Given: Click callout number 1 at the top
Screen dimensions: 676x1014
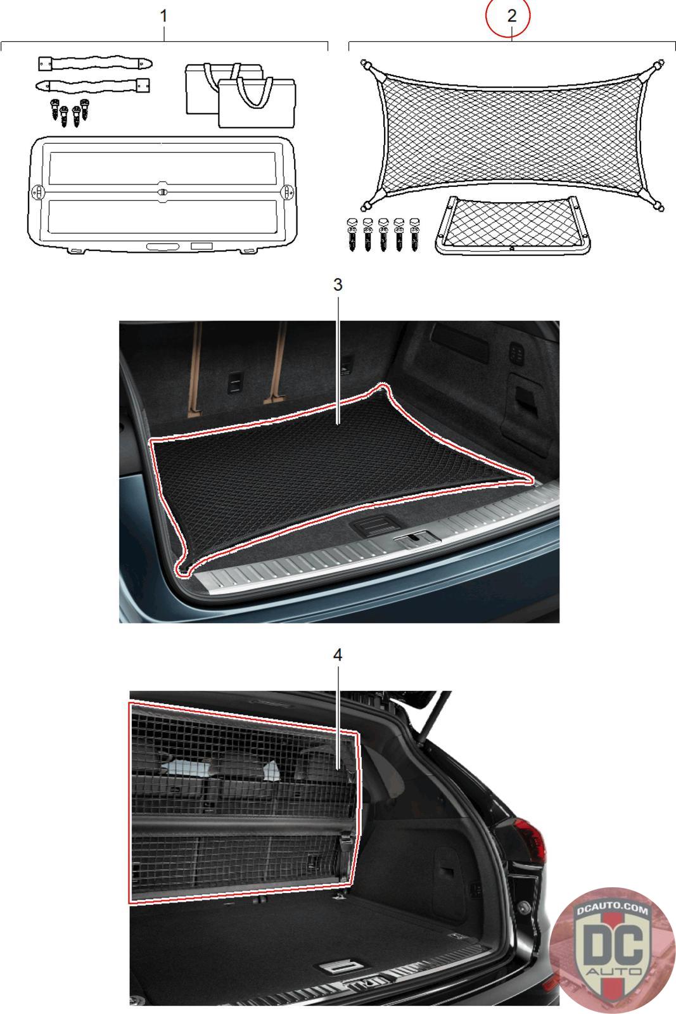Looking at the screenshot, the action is point(164,16).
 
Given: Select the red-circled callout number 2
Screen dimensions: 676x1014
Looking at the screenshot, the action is point(512,16).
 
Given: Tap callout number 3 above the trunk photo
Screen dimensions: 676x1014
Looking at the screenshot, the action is point(338,285).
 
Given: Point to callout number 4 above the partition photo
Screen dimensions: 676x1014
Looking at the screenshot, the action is point(338,655).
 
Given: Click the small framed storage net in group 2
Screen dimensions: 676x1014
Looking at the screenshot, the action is point(513,225).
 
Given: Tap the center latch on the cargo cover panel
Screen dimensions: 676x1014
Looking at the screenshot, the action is point(163,191).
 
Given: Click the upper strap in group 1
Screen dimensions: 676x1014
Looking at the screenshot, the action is point(94,63).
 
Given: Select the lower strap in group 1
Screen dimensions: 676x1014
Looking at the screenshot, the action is point(92,85).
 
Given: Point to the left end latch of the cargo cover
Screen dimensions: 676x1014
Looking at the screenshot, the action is point(38,191).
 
